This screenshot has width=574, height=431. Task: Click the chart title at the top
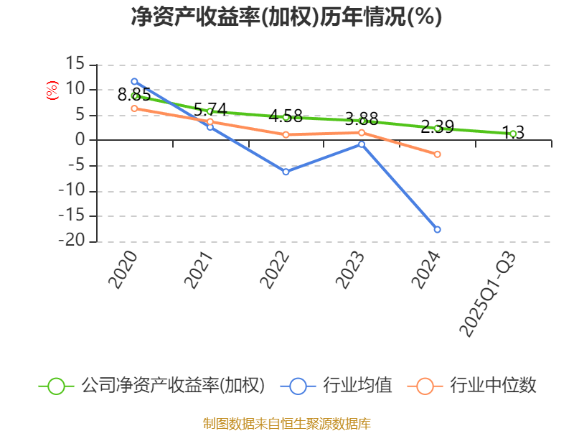(x=286, y=17)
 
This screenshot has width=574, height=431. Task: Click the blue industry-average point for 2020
(x=134, y=81)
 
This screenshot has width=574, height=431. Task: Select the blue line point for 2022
(x=286, y=172)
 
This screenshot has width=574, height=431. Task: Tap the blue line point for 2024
(x=437, y=229)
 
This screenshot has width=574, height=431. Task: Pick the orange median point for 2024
(x=437, y=154)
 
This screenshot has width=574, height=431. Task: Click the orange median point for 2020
(x=134, y=108)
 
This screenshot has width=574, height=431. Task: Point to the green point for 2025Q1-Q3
(x=513, y=134)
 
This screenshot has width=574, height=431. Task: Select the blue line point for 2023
(x=362, y=144)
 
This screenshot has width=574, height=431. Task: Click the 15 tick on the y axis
(x=75, y=64)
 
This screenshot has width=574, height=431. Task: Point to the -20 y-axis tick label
(x=71, y=242)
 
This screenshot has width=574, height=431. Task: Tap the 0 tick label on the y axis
(x=81, y=140)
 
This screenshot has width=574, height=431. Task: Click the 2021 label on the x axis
(x=200, y=271)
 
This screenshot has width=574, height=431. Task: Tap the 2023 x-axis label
(x=352, y=271)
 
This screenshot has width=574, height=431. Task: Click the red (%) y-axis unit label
(x=52, y=91)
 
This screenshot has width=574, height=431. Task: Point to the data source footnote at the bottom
(x=286, y=423)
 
